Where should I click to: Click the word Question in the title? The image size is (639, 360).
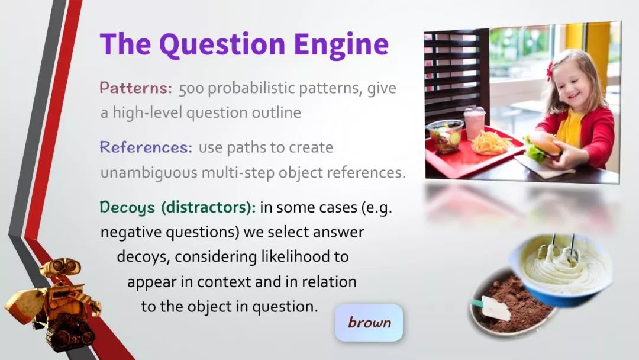[222, 44]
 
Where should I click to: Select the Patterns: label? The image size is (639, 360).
[136, 88]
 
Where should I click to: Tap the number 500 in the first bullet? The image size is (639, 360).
[191, 88]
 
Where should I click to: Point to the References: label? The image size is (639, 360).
[146, 147]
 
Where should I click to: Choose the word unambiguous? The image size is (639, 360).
[149, 173]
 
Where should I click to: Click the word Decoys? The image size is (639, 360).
[128, 207]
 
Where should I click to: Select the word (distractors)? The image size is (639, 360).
[209, 207]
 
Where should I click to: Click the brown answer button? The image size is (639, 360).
[369, 323]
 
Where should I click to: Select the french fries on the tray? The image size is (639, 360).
[490, 142]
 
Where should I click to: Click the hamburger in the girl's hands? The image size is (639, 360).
[542, 147]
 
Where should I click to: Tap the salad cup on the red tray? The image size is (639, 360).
[446, 136]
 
